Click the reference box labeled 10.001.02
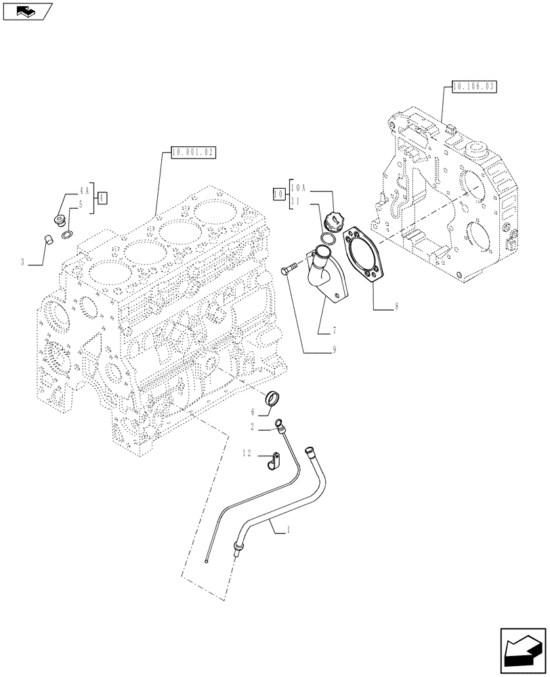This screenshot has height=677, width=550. click(x=193, y=153)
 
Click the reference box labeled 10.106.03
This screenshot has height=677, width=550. click(x=473, y=87)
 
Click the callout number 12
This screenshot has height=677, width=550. click(x=249, y=453)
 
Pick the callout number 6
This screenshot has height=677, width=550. click(x=252, y=411)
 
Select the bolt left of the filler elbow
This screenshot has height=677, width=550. click(x=289, y=271)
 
